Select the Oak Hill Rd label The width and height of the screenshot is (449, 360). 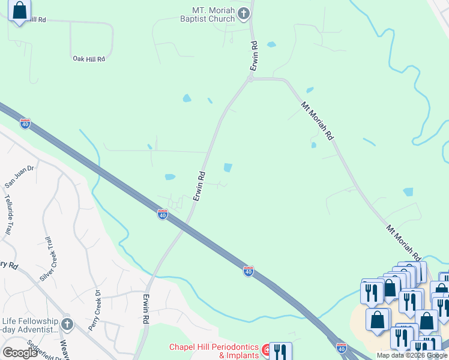(x=89, y=59)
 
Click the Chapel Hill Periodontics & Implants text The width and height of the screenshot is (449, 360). (x=213, y=351)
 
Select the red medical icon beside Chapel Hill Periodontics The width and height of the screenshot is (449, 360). (x=265, y=348)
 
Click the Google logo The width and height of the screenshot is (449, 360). (x=20, y=353)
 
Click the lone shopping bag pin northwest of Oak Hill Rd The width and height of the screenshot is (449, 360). (x=19, y=10)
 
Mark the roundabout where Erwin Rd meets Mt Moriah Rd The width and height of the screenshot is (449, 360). (x=251, y=79)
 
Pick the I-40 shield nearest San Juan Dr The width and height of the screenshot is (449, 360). (x=25, y=124)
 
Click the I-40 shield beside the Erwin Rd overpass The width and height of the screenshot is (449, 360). (x=162, y=214)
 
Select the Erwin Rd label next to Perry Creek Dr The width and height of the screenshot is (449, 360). (x=146, y=309)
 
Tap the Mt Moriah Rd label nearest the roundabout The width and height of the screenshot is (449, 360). (x=317, y=121)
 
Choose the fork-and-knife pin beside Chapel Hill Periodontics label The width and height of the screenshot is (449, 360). (x=280, y=350)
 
